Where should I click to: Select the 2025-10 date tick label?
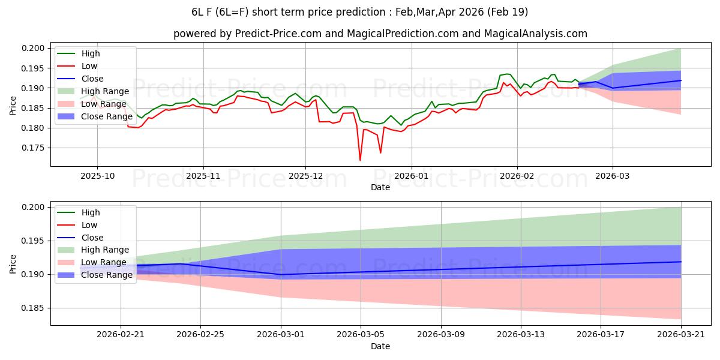pos(97,176)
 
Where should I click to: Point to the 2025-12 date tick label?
pos(305,176)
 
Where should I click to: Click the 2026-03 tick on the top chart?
pos(613,176)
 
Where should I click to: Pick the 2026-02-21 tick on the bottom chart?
pos(121,335)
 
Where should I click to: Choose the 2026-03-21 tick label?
pos(681,335)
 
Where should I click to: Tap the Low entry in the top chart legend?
pos(89,66)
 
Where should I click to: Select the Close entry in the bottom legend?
pos(92,238)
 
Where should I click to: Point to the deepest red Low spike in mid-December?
pos(360,160)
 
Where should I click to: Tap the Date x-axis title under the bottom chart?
pos(380,346)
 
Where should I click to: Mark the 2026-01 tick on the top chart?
pos(411,176)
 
